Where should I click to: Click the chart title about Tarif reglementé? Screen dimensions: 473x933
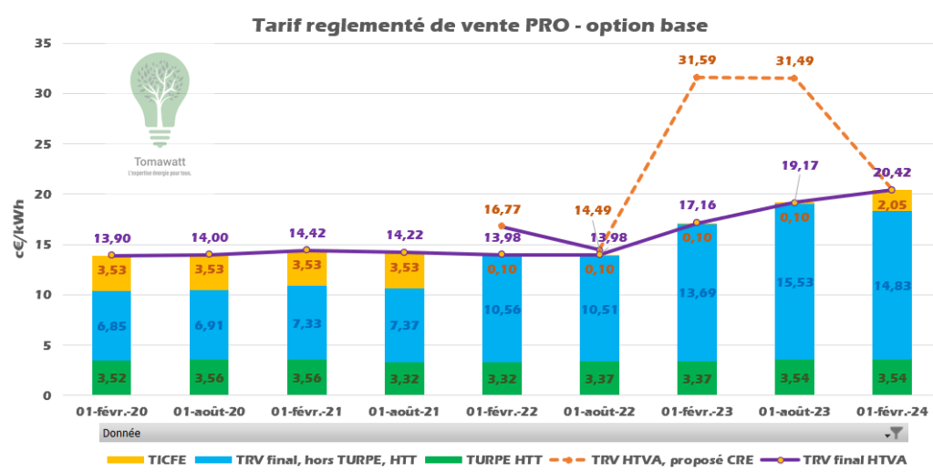click(x=480, y=25)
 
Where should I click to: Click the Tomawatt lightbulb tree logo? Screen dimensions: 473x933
click(x=161, y=100)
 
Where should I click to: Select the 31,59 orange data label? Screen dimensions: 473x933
click(x=697, y=60)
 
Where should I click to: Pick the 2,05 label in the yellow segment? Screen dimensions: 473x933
click(x=892, y=205)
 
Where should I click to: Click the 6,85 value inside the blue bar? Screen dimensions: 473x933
click(x=111, y=326)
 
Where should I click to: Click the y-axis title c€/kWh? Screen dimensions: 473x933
click(x=19, y=220)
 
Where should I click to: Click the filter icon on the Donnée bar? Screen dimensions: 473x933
click(x=896, y=434)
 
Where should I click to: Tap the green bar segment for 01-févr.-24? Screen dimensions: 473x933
click(x=892, y=377)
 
